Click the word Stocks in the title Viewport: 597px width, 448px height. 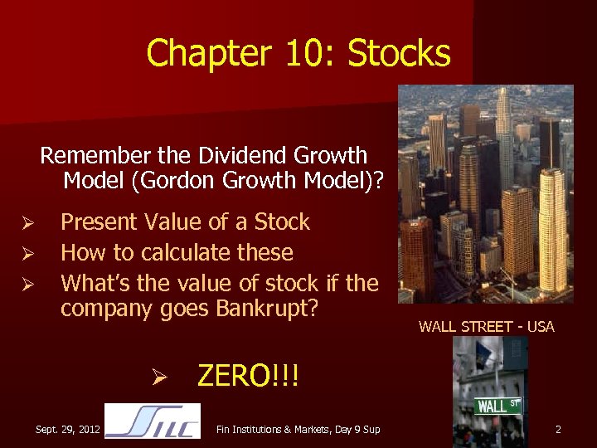click(x=400, y=54)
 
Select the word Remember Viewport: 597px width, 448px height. click(x=90, y=156)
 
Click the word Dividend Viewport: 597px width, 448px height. click(x=244, y=156)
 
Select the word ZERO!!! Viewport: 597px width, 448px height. click(x=247, y=377)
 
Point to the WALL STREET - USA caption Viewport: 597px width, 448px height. click(x=486, y=327)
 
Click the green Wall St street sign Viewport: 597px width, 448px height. click(x=498, y=406)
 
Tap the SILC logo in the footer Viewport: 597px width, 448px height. click(x=153, y=421)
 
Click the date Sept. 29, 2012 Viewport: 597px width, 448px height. click(x=68, y=429)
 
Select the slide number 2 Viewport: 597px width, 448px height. click(x=558, y=429)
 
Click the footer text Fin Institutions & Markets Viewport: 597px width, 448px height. click(x=273, y=429)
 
